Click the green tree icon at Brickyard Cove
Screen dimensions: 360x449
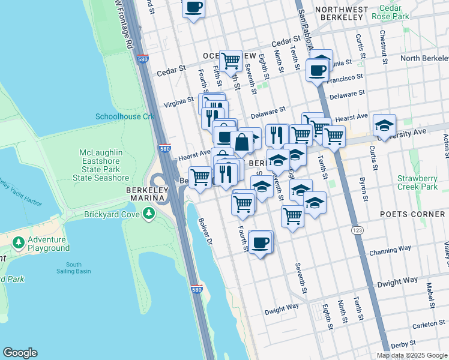[x=148, y=214]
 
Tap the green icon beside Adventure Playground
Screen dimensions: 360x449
[x=19, y=243]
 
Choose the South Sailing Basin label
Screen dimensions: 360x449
[x=74, y=268]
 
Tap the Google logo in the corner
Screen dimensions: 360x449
[x=20, y=353]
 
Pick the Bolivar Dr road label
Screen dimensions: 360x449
[x=205, y=230]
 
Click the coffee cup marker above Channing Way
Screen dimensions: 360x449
[x=261, y=242]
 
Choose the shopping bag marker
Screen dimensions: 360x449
[x=242, y=142]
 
